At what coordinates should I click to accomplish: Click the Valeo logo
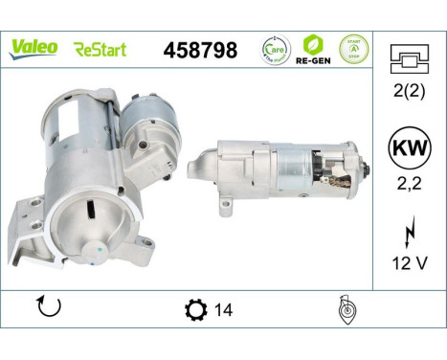tap(34, 48)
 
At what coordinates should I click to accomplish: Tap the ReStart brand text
tap(100, 49)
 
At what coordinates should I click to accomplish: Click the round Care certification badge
tap(275, 50)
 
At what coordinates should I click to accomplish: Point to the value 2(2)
tap(409, 94)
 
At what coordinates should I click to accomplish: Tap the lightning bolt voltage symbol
tap(409, 232)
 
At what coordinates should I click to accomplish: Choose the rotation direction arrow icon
tap(48, 308)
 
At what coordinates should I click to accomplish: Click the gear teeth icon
tap(194, 310)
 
